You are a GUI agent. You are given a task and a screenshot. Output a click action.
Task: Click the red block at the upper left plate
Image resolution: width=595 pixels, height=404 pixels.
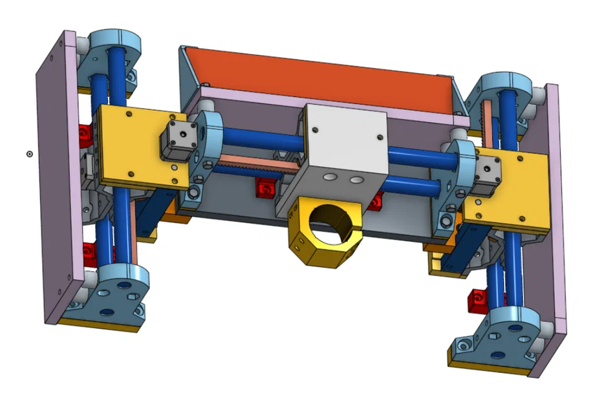85,134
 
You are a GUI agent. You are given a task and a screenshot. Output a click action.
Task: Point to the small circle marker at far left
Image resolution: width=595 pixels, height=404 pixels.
30,153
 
